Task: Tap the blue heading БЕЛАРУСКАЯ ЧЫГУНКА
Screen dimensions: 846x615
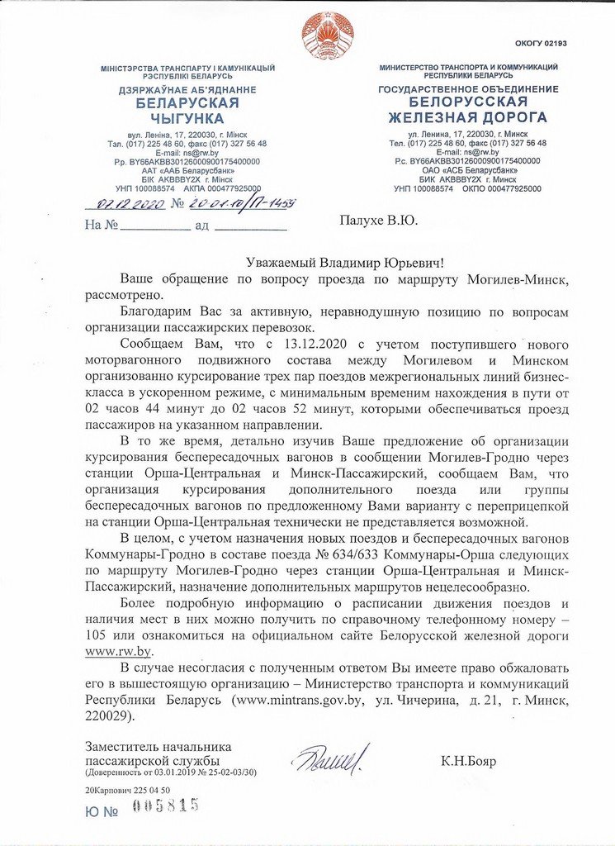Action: pos(187,111)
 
